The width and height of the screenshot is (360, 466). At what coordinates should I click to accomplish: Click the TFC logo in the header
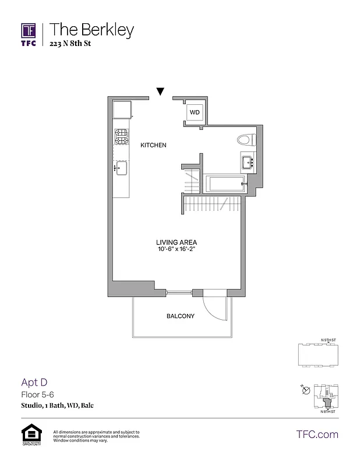point(29,35)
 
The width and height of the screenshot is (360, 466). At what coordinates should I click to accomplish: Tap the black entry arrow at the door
point(160,91)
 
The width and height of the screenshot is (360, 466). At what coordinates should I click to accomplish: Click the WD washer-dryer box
point(194,111)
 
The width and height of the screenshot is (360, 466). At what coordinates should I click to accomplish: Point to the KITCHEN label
point(154,145)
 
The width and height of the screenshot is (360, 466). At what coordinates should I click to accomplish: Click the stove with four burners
point(121,137)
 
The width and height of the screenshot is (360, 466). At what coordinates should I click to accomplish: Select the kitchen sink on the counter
point(121,169)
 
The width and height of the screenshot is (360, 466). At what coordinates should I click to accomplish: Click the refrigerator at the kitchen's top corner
point(122,110)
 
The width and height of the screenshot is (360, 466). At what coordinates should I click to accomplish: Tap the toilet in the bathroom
point(246,140)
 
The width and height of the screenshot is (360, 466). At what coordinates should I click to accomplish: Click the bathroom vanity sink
point(247,161)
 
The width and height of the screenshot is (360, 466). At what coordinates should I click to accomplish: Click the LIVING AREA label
point(176,242)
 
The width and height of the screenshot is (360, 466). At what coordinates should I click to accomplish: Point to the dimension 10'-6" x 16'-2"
point(176,250)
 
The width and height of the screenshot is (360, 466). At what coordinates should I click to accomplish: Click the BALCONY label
point(180,316)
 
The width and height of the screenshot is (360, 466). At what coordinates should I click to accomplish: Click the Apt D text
point(34,382)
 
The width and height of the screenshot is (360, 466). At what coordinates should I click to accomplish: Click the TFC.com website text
point(317,434)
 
